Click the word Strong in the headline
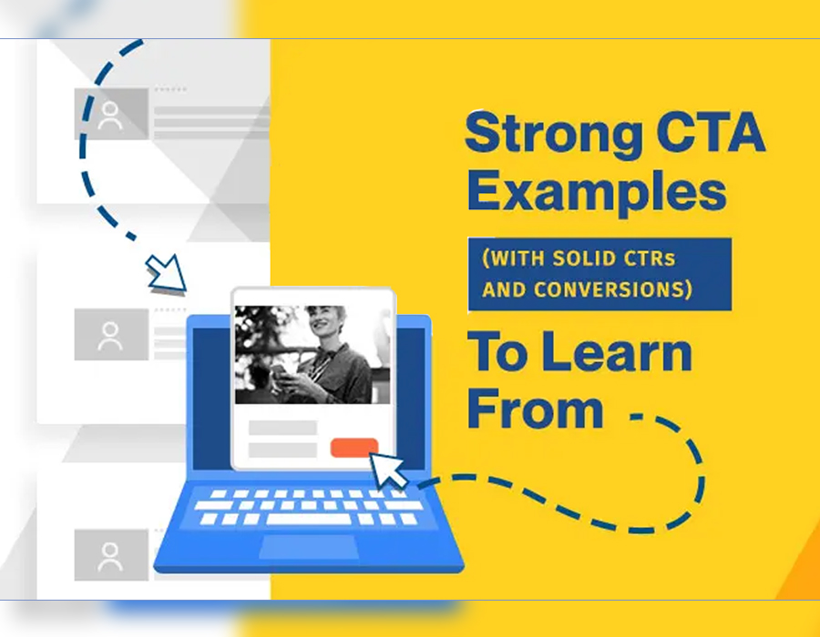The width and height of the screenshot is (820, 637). pos(554,134)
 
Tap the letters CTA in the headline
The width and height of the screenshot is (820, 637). pos(712,132)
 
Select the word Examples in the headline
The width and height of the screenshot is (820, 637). pos(597,192)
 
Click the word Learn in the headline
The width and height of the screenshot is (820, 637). pos(617,353)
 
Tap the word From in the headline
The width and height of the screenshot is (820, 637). pos(536,409)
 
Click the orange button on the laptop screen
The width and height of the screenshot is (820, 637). pos(354,448)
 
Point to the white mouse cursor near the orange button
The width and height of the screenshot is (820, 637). pos(388,470)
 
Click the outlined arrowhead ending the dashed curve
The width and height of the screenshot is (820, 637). pos(167,272)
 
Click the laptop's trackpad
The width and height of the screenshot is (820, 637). pos(309,547)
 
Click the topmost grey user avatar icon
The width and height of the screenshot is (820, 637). pos(110,115)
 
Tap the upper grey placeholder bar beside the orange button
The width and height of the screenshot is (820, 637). pos(282,428)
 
